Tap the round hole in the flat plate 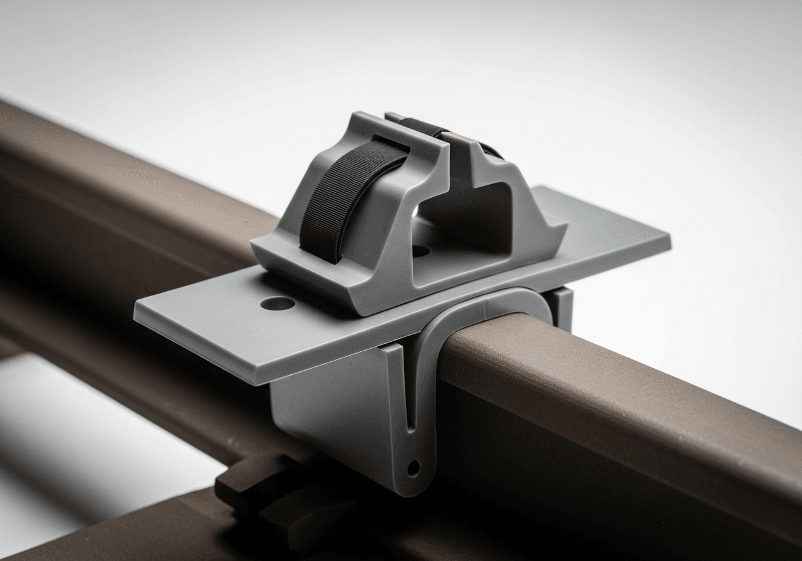click(x=278, y=304)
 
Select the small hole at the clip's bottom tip click(x=413, y=466)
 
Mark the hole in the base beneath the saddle click(x=421, y=251)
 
